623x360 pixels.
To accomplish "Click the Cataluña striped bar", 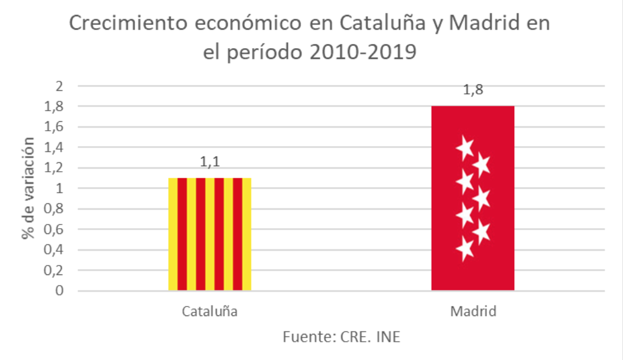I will click(210, 234).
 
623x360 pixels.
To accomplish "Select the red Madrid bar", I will click(473, 198).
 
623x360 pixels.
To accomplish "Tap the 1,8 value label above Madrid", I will click(473, 91).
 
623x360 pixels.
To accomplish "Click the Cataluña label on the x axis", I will click(210, 312).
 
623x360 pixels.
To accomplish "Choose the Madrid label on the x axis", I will click(473, 312).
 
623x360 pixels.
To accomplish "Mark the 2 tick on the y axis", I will click(58, 86).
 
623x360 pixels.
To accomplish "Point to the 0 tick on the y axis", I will click(58, 290).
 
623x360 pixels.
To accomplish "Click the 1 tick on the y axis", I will click(58, 188).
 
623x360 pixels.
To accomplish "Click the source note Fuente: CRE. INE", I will click(341, 337).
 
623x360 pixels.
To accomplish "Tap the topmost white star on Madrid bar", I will click(465, 146).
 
